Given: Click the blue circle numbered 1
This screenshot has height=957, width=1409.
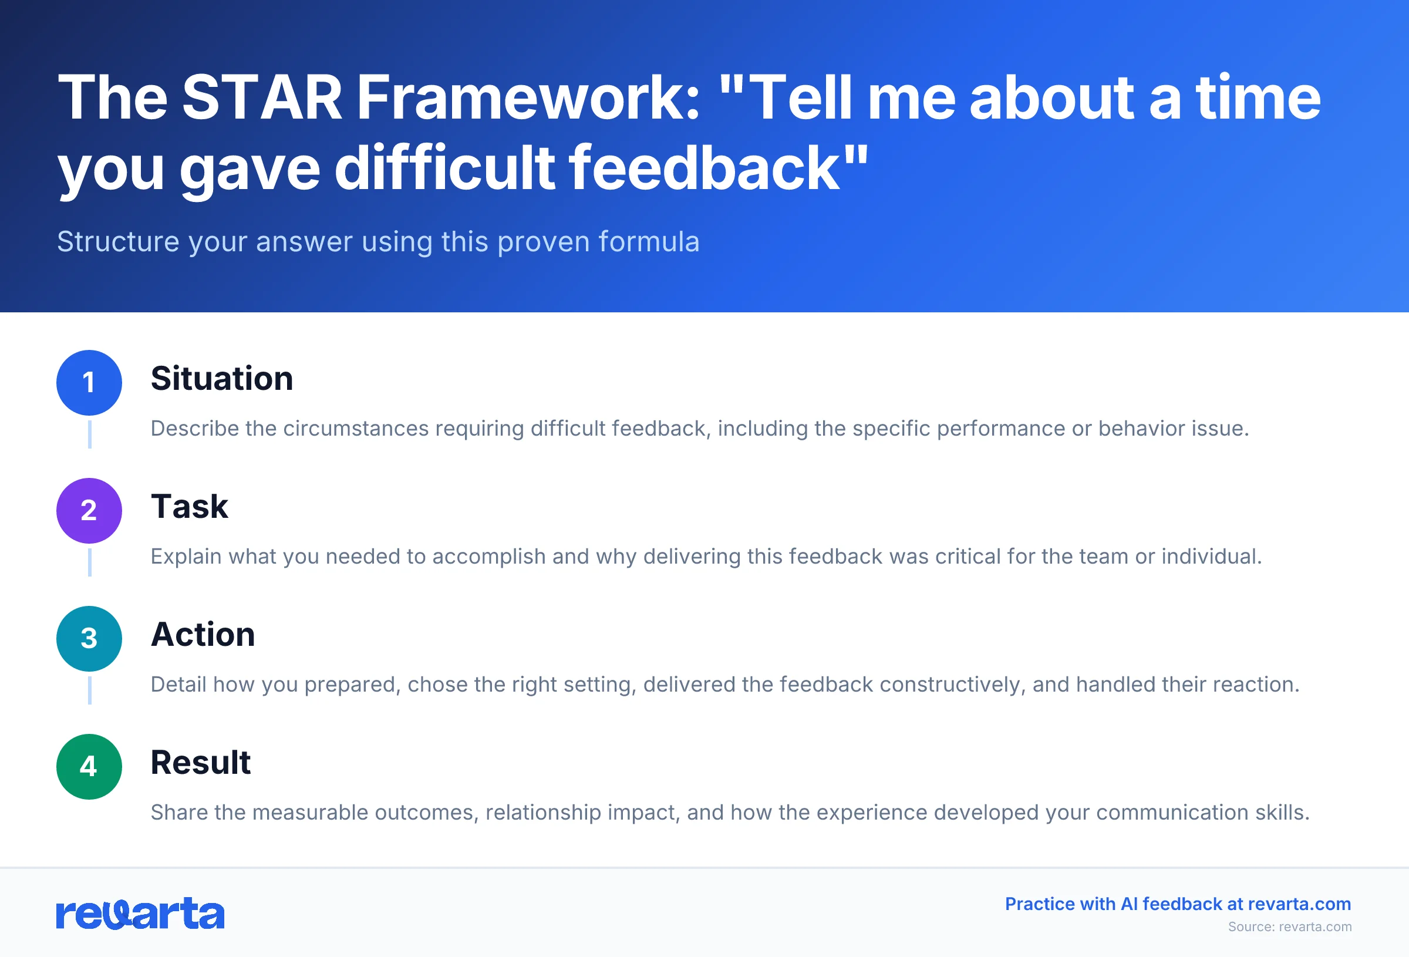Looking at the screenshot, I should (89, 383).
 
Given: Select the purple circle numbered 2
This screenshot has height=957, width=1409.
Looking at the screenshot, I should (89, 511).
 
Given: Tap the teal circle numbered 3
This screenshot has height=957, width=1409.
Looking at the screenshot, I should (89, 639).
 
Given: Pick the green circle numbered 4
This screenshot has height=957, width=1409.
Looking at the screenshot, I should (89, 767).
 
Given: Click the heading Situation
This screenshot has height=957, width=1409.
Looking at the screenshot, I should (222, 379).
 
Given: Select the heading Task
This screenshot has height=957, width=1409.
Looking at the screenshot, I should (189, 507).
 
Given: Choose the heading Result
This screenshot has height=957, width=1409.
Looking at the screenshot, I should (200, 762).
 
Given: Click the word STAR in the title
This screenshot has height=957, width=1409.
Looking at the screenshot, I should (262, 97).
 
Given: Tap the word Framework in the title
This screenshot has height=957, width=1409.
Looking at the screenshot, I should (528, 97).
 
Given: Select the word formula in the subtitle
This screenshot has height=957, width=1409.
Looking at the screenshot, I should (649, 242).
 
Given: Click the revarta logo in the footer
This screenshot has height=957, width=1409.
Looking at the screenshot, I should (140, 914).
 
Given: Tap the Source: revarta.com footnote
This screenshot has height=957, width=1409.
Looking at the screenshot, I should (1290, 926).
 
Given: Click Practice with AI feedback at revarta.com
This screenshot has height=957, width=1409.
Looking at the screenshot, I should (1178, 904).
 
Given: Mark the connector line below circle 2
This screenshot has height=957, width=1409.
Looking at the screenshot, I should (90, 562).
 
